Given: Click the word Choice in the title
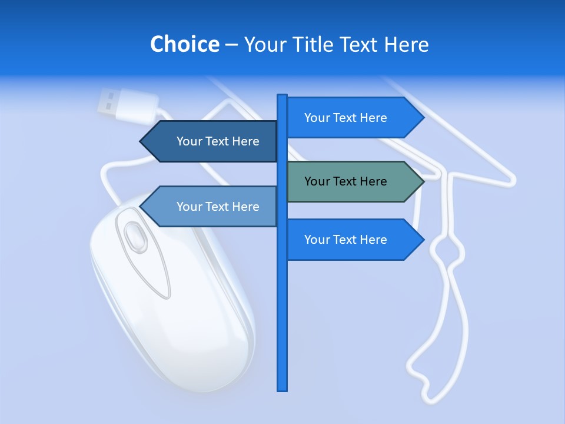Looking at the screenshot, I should tap(184, 44).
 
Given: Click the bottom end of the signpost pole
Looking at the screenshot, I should tap(282, 388).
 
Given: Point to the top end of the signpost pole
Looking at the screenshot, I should tap(282, 97).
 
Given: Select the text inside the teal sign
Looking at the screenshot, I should tap(345, 181).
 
